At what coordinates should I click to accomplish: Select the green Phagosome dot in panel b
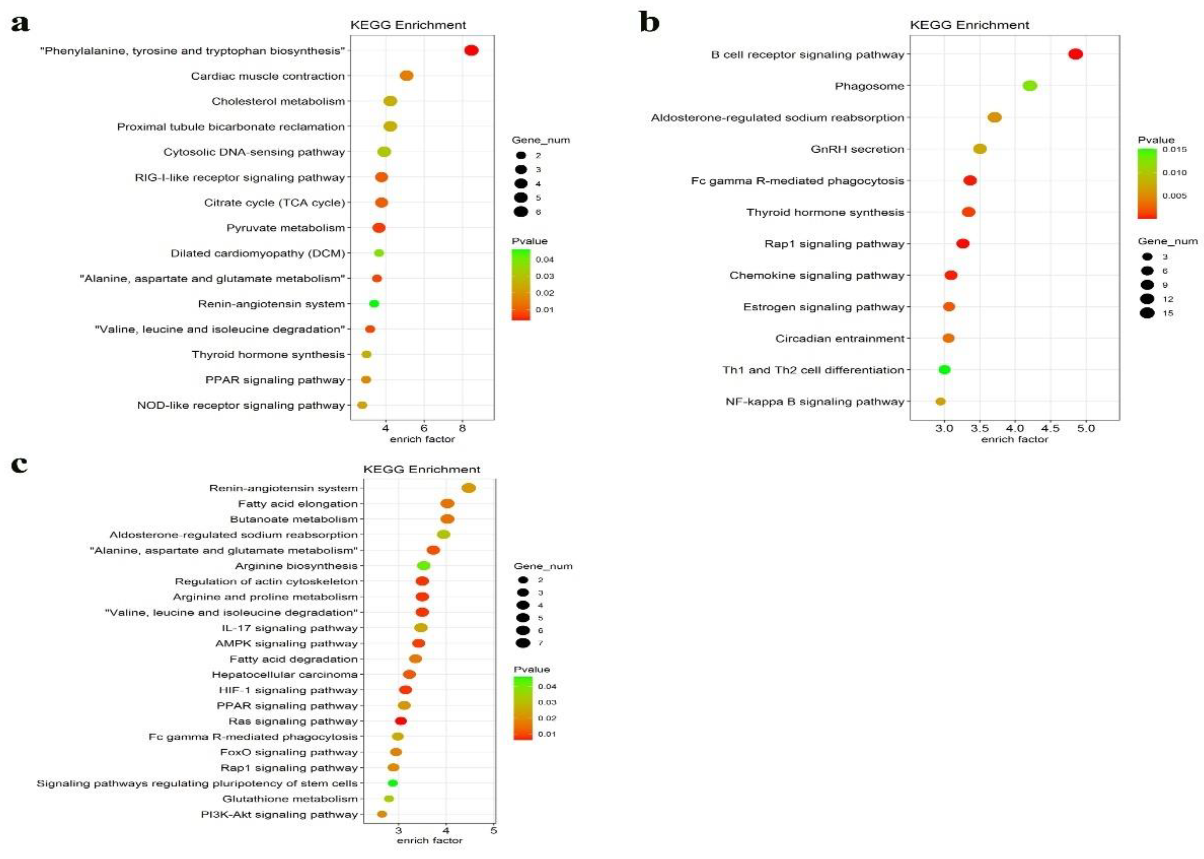pos(1030,86)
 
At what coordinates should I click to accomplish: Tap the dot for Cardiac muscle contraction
pos(406,76)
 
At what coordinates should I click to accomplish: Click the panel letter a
pos(20,24)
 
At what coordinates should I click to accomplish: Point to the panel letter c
pos(20,464)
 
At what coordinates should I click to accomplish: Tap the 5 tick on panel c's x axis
pos(493,830)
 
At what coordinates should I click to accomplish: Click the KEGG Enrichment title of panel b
pos(969,25)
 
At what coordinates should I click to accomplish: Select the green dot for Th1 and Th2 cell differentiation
pos(944,370)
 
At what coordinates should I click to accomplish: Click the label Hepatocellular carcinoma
pos(284,674)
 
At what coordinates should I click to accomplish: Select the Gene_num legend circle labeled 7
pos(523,643)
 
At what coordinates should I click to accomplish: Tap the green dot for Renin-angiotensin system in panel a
pos(374,304)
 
